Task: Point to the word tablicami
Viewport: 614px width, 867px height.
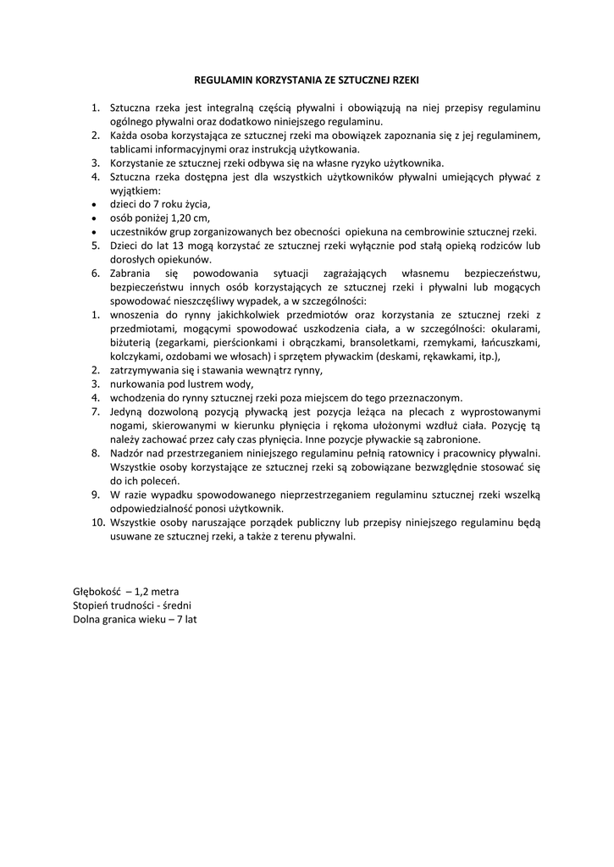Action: coord(131,149)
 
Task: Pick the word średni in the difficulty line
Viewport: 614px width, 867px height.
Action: coord(176,605)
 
